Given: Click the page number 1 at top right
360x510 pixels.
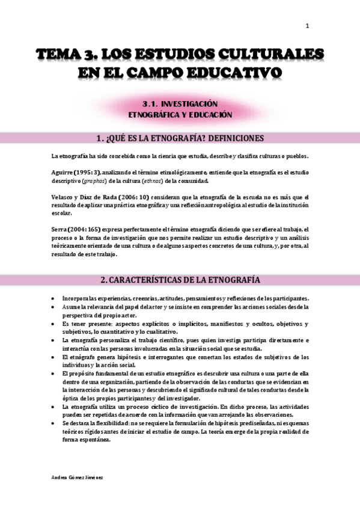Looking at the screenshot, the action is [x=307, y=26].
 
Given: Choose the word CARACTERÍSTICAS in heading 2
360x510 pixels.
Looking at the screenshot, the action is [x=155, y=280].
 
